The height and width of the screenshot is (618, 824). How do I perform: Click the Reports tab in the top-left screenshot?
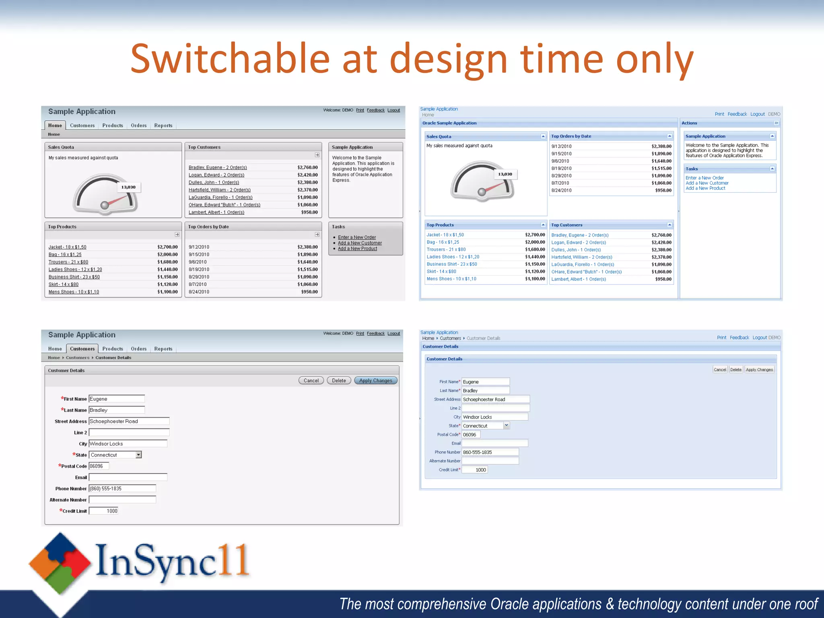coord(163,126)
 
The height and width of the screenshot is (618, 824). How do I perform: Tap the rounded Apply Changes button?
coord(375,381)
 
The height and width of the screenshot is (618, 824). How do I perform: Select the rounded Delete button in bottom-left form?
coord(339,381)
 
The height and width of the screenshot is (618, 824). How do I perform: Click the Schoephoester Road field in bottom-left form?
coord(129,421)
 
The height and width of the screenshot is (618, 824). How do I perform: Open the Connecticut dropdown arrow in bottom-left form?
coord(138,455)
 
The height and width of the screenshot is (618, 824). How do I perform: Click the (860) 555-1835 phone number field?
coord(122,488)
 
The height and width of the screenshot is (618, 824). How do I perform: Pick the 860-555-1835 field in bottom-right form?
coord(490,452)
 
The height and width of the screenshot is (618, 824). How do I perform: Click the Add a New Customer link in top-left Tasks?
coord(360,243)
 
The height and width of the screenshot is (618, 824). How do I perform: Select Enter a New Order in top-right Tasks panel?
coord(705,178)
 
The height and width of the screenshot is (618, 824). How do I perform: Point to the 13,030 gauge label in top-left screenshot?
coord(128,187)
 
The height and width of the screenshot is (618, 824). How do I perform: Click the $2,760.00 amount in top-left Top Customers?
coord(307,167)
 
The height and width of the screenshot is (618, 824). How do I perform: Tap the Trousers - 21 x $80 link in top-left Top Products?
coord(68,262)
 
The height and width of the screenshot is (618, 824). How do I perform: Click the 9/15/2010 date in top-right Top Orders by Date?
coord(561,154)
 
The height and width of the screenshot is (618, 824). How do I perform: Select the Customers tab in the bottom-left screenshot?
coord(82,349)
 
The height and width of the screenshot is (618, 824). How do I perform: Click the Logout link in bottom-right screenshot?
coord(759,338)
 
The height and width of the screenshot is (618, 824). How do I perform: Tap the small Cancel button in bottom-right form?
coord(720,369)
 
